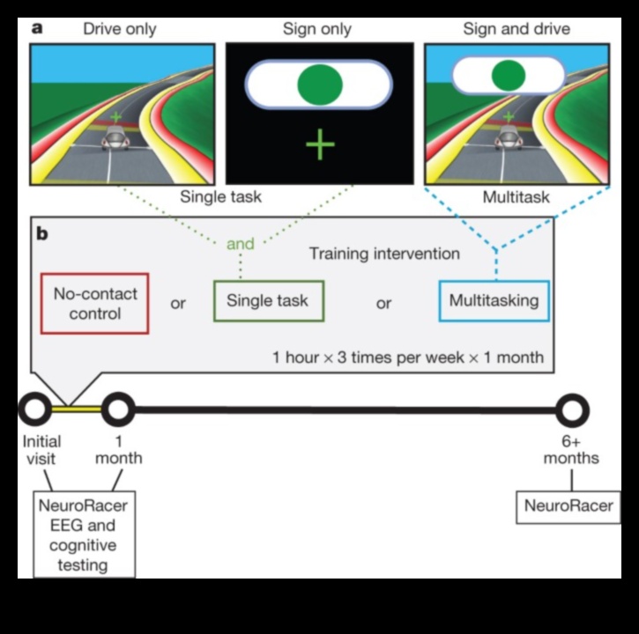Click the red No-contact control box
[x=94, y=303]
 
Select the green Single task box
[x=268, y=301]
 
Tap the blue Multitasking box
[x=494, y=301]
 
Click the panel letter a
[x=38, y=27]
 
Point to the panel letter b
[x=41, y=235]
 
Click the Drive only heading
[x=120, y=29]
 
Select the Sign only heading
[x=317, y=29]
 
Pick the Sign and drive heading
[x=516, y=29]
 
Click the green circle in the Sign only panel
[x=318, y=85]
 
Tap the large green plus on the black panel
[x=320, y=144]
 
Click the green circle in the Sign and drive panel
[x=509, y=75]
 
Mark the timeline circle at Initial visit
[x=35, y=409]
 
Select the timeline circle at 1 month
[x=117, y=409]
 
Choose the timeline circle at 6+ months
[x=572, y=409]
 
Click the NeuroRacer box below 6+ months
[x=568, y=506]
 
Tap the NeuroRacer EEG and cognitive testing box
[x=84, y=535]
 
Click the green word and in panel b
[x=241, y=244]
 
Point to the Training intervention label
[x=384, y=254]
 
